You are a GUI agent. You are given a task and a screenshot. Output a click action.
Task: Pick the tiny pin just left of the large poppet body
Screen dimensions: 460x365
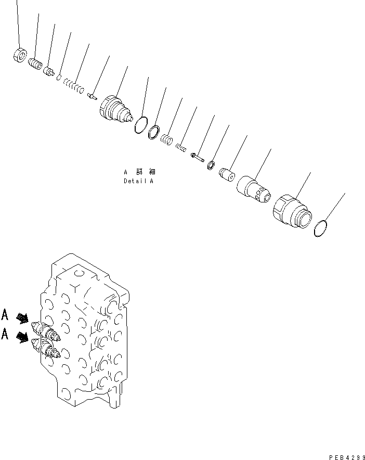(92, 95)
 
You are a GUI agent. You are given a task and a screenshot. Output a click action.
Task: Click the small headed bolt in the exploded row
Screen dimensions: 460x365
(197, 156)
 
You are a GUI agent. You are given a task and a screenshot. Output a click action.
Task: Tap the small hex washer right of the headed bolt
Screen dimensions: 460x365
(211, 165)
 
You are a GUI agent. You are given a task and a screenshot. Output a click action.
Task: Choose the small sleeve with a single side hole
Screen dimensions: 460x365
(227, 174)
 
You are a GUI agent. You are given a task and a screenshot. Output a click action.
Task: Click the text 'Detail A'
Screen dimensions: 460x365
(138, 182)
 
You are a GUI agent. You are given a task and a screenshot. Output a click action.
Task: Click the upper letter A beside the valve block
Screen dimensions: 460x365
(5, 314)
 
